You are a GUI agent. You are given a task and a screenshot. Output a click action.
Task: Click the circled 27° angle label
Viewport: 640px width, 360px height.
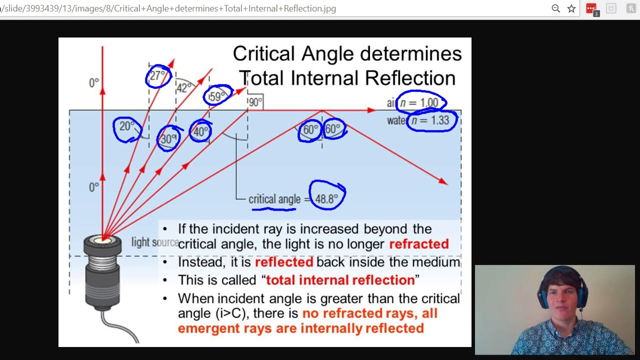click(157, 76)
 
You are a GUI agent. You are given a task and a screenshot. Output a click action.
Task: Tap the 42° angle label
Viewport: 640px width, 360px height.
click(183, 88)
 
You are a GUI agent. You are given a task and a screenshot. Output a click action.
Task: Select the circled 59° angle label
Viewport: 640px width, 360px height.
click(217, 96)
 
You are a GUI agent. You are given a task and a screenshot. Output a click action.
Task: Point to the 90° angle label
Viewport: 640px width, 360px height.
click(255, 102)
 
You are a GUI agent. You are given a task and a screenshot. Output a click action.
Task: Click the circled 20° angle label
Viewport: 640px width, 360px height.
click(127, 127)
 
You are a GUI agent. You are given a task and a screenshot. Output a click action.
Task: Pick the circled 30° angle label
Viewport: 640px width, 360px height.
click(168, 138)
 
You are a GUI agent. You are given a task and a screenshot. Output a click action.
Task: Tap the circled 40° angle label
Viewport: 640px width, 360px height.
click(201, 131)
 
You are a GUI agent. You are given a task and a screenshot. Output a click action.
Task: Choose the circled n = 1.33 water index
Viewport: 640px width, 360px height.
click(431, 120)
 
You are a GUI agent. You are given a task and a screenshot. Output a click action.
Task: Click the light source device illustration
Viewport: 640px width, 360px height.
click(102, 272)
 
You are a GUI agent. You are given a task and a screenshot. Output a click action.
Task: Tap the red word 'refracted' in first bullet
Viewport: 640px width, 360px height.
click(419, 244)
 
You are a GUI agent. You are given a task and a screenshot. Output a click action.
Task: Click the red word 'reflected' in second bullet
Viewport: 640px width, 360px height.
click(284, 262)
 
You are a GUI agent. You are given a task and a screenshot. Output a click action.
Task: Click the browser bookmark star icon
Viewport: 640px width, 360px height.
click(571, 8)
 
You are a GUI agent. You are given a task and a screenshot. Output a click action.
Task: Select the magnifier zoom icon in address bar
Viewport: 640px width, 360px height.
click(555, 8)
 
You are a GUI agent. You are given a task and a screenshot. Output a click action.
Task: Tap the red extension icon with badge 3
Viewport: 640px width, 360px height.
click(591, 9)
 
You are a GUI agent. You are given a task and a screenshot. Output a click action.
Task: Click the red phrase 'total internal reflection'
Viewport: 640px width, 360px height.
click(340, 280)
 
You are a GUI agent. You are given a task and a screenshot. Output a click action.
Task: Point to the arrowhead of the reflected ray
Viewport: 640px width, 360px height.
click(444, 182)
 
